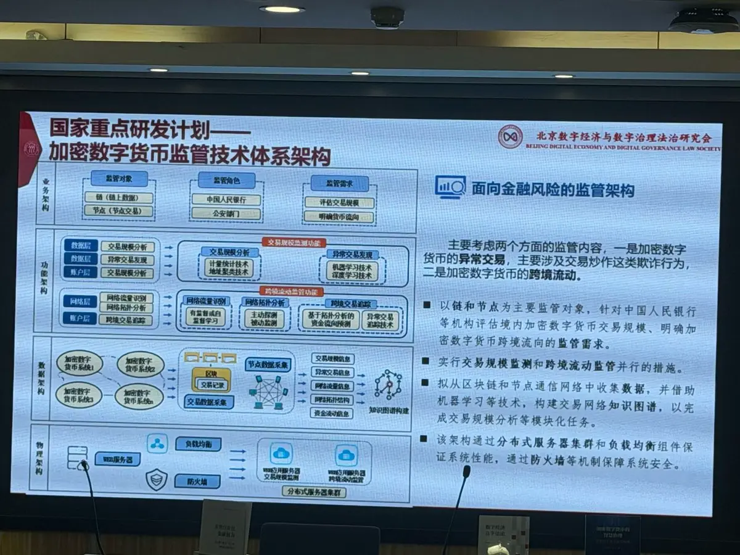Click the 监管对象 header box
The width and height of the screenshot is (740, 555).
tap(119, 179)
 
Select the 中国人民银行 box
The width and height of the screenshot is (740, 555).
tap(226, 200)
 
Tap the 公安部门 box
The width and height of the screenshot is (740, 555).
tap(226, 213)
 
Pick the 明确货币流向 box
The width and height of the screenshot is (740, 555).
tap(331, 216)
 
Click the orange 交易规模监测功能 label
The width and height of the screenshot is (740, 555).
tap(294, 243)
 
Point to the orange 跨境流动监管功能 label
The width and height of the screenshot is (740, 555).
tap(294, 290)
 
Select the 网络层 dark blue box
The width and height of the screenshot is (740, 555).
tap(80, 302)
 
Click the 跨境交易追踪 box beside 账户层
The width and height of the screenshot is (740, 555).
tap(126, 319)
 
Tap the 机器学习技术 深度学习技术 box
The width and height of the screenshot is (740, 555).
tap(352, 271)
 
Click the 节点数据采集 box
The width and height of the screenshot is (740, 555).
tap(268, 364)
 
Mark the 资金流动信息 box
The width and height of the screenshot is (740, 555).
tap(333, 413)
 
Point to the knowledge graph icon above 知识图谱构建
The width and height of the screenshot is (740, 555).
tap(388, 385)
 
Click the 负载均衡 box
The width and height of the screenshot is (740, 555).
tap(197, 444)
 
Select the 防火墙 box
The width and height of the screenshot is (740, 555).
tap(197, 481)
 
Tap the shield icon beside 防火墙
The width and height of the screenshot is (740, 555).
tap(157, 479)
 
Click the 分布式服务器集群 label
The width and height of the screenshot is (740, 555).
tap(315, 492)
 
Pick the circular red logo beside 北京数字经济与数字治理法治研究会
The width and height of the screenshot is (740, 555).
tap(510, 136)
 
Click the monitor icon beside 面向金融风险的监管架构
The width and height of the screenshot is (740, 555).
tap(450, 186)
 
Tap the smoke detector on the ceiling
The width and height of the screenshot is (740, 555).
tap(387, 17)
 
